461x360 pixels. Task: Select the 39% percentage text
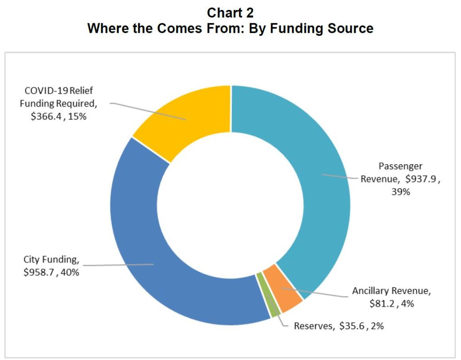(x=400, y=191)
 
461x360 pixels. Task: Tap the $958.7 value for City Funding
(x=39, y=272)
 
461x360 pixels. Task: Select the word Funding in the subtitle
(x=285, y=28)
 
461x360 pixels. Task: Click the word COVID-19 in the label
(x=40, y=91)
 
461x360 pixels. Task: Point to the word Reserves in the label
(x=312, y=326)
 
